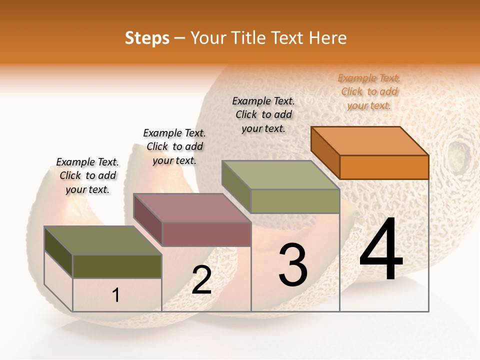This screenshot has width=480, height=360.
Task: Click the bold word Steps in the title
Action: pyautogui.click(x=147, y=38)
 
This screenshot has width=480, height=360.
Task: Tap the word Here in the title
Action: pyautogui.click(x=328, y=38)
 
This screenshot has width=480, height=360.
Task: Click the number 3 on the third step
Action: pyautogui.click(x=293, y=265)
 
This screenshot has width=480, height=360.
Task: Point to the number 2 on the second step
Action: pyautogui.click(x=201, y=280)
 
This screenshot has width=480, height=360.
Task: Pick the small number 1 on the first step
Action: pyautogui.click(x=116, y=295)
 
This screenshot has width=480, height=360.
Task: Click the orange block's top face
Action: pyautogui.click(x=369, y=140)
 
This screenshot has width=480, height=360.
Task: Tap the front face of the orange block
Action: pyautogui.click(x=384, y=167)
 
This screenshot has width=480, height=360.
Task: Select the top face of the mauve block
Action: pyautogui.click(x=191, y=207)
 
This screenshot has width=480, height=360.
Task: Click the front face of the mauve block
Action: pyautogui.click(x=206, y=234)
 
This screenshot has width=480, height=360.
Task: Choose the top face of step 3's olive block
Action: pyautogui.click(x=280, y=174)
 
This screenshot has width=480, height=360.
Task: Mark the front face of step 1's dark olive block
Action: pyautogui.click(x=117, y=266)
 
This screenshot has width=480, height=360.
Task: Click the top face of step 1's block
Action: pyautogui.click(x=102, y=240)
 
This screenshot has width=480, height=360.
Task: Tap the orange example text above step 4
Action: pyautogui.click(x=369, y=92)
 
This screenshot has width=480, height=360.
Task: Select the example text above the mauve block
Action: pyautogui.click(x=174, y=147)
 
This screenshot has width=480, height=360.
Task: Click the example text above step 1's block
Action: pyautogui.click(x=87, y=176)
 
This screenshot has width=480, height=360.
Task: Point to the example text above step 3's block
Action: pyautogui.click(x=263, y=115)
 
